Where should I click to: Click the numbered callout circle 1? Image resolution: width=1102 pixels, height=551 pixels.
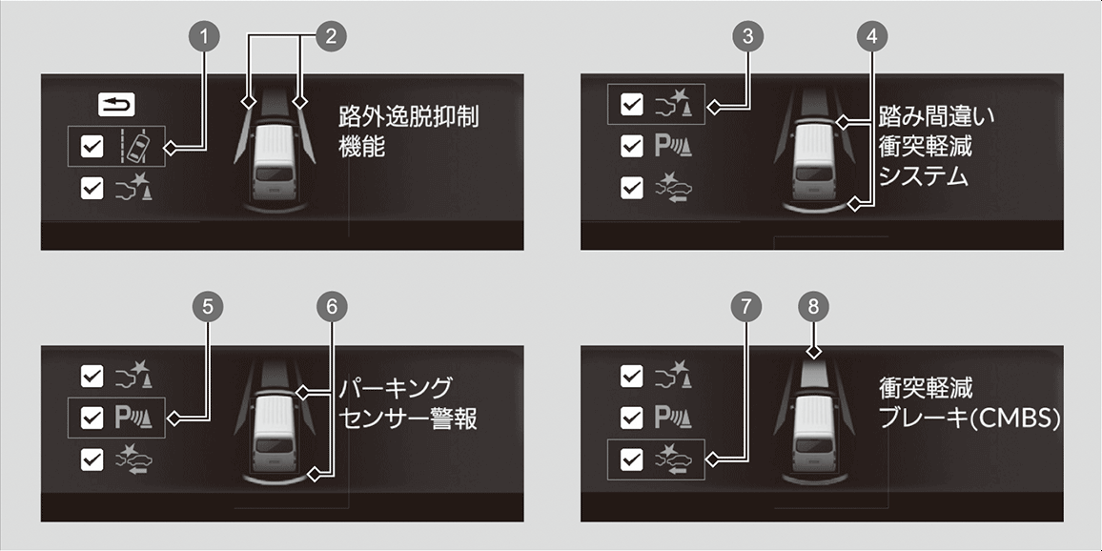(x=205, y=37)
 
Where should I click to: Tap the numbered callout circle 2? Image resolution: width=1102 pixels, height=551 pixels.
(x=331, y=37)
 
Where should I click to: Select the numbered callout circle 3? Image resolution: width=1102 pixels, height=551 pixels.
(x=747, y=37)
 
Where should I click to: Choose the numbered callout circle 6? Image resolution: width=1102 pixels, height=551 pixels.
(x=332, y=306)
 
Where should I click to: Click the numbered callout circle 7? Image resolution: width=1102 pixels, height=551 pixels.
(x=745, y=306)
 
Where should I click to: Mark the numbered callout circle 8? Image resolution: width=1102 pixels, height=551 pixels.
(x=814, y=306)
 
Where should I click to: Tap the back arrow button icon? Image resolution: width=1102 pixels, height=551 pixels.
(x=116, y=105)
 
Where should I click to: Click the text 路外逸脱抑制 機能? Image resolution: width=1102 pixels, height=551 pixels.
(x=408, y=132)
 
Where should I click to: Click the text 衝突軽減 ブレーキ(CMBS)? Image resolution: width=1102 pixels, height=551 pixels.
(x=969, y=403)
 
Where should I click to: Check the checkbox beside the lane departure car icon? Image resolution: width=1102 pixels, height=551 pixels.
(x=92, y=147)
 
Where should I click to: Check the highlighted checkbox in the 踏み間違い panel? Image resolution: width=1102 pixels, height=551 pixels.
(x=633, y=105)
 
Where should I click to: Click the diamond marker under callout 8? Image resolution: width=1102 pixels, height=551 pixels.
(x=814, y=352)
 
